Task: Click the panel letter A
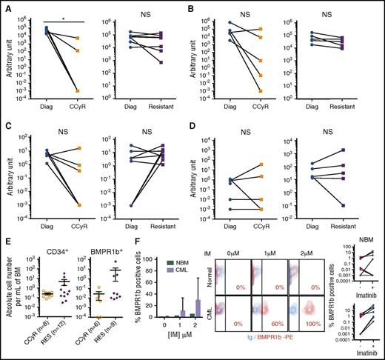[x=5, y=7]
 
